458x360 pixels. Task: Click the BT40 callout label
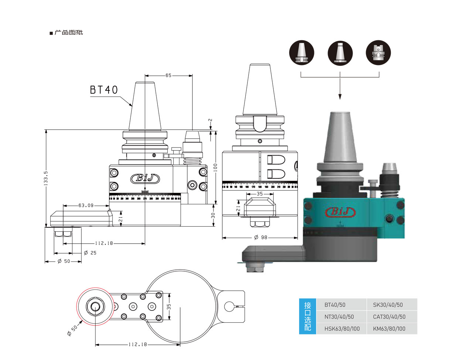click(x=104, y=90)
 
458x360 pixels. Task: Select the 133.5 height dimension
click(x=46, y=178)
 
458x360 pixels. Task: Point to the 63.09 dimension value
click(x=86, y=206)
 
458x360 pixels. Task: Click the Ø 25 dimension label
click(x=90, y=253)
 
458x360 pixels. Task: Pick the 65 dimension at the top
click(x=168, y=75)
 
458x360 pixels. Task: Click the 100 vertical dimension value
click(x=215, y=167)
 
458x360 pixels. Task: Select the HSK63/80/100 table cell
click(x=342, y=329)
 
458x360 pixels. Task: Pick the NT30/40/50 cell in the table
click(x=339, y=317)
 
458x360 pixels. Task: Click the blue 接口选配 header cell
click(x=308, y=316)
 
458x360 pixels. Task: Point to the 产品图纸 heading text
click(x=69, y=33)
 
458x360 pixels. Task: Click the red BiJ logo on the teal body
click(x=340, y=212)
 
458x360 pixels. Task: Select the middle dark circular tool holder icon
click(x=340, y=52)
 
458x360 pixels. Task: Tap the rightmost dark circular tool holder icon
click(x=378, y=52)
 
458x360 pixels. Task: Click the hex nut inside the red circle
click(x=95, y=307)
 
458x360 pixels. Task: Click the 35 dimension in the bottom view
click(x=169, y=307)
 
